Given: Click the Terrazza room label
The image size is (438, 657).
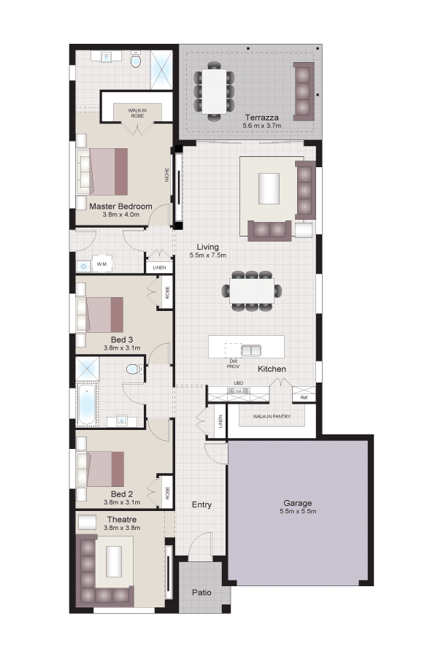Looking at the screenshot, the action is click(262, 118).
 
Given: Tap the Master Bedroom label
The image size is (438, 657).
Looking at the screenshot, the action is click(120, 206).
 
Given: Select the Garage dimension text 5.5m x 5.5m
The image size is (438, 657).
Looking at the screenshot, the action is click(298, 511).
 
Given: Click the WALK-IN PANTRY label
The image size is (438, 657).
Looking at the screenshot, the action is click(272, 417).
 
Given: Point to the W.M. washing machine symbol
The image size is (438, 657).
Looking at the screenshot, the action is click(102, 264).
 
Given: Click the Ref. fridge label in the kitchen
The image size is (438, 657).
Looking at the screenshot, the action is click(304, 397).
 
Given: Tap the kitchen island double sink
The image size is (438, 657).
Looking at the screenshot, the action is click(251, 350).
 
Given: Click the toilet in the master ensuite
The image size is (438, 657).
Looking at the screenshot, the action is click(135, 61).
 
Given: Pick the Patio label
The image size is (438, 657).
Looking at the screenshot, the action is click(201, 593).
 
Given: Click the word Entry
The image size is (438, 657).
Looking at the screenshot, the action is click(201, 504).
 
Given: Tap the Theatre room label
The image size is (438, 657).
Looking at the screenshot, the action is click(122, 520).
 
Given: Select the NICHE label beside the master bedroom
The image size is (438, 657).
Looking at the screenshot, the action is click(167, 174).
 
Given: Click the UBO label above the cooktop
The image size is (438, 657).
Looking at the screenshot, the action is click(238, 383).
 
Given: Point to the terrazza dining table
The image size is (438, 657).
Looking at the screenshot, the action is click(214, 91).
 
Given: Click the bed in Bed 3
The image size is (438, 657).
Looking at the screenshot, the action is click(100, 315).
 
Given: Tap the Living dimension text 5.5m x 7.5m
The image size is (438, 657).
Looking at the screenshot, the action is click(208, 255).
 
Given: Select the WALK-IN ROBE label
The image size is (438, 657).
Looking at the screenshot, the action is click(137, 113).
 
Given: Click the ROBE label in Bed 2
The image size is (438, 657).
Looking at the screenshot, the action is click(167, 492).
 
